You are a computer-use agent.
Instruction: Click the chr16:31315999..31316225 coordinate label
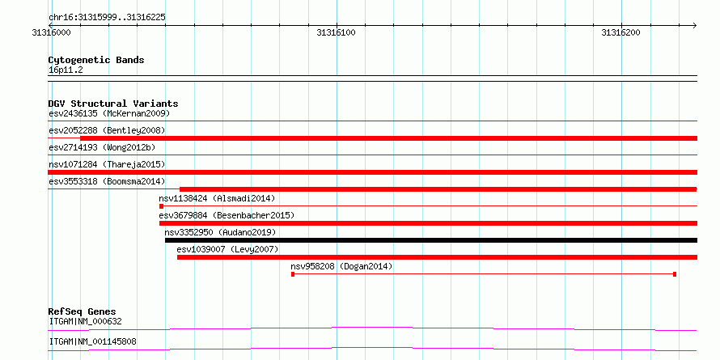click(x=107, y=18)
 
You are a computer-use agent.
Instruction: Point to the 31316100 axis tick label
click(x=336, y=32)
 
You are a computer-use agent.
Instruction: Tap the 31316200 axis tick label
click(x=620, y=32)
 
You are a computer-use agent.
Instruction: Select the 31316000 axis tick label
click(x=52, y=32)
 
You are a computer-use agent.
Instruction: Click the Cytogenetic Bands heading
click(x=96, y=60)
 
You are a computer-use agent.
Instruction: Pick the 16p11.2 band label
click(x=66, y=70)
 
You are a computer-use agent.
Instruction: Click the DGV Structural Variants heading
click(x=113, y=104)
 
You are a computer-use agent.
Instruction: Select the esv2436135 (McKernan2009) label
click(x=109, y=113)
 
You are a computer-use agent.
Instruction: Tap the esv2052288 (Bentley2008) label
click(x=107, y=130)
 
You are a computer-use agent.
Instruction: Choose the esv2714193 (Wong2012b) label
click(x=102, y=147)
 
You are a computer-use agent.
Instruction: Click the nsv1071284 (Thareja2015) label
click(x=107, y=164)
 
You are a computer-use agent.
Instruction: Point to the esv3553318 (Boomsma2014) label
click(x=107, y=181)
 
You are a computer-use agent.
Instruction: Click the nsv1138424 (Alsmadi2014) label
click(x=217, y=198)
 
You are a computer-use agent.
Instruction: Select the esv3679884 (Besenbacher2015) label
click(x=227, y=215)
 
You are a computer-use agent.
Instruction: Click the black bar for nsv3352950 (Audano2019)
click(x=431, y=240)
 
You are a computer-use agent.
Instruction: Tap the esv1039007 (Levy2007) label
click(x=228, y=249)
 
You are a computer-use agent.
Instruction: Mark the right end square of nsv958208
click(x=675, y=274)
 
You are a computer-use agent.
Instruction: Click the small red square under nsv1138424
click(x=161, y=206)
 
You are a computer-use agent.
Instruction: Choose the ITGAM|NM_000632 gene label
click(x=86, y=321)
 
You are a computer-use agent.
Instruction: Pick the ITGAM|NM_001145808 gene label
click(x=93, y=341)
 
